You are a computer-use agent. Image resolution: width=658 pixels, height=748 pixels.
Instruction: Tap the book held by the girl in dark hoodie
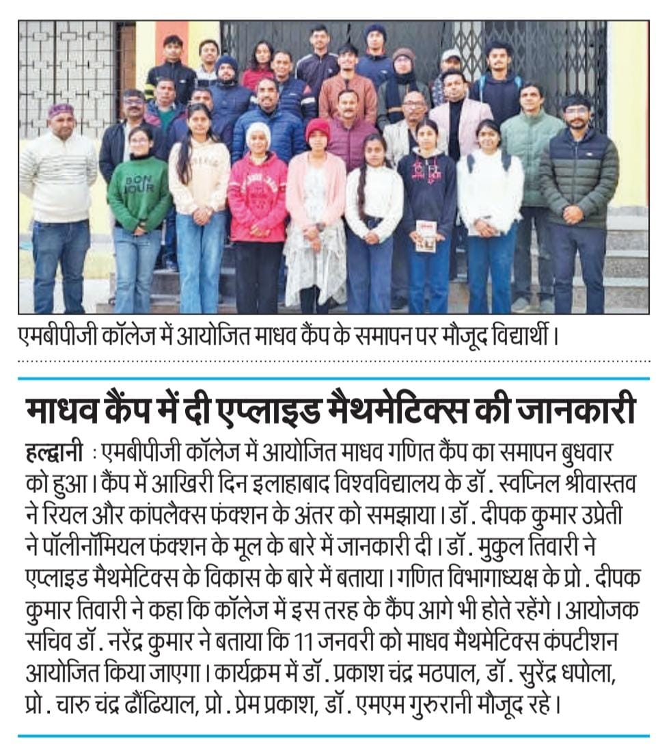pyautogui.click(x=426, y=235)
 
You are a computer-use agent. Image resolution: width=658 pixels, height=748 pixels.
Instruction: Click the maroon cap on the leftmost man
pyautogui.click(x=60, y=109)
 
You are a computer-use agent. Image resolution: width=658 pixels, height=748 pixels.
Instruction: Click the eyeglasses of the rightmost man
pyautogui.click(x=577, y=111)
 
